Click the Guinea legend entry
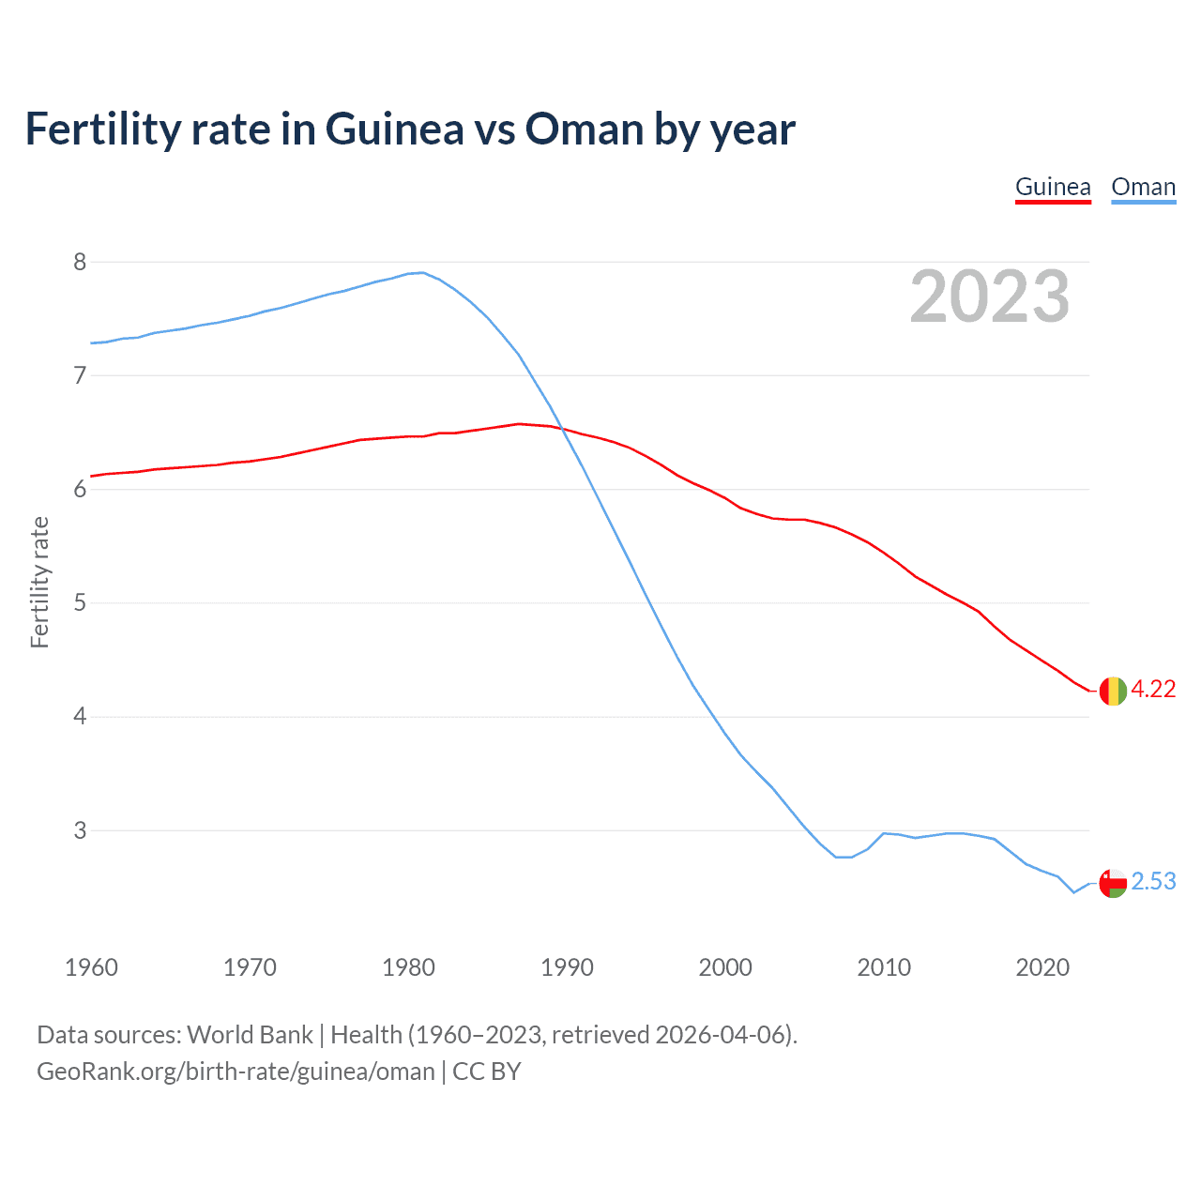coord(1053,187)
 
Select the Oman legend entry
coord(1143,187)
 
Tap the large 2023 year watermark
coord(989,296)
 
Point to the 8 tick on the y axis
coord(80,262)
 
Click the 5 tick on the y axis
coord(80,602)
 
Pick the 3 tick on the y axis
coord(80,830)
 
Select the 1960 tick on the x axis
coord(91,967)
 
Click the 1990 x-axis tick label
coord(567,967)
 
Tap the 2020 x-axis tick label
coord(1042,967)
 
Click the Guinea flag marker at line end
coord(1112,691)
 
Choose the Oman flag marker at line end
coord(1112,883)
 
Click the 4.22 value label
coord(1153,689)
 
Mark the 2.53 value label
coord(1153,881)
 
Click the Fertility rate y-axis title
coord(39,582)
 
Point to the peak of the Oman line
coord(422,272)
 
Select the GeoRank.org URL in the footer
coord(236,1072)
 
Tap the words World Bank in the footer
coord(250,1035)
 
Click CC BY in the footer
coord(486,1072)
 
